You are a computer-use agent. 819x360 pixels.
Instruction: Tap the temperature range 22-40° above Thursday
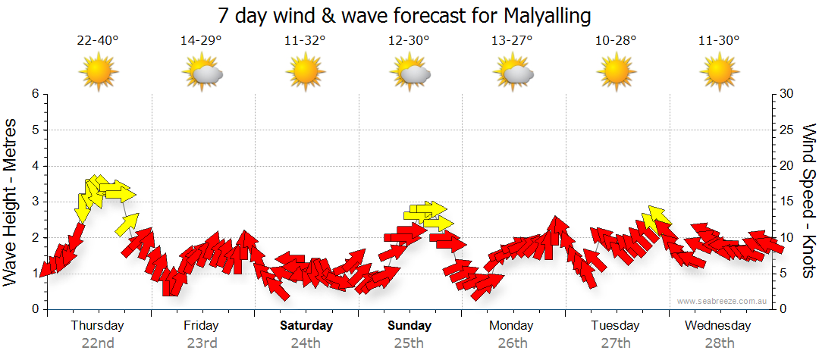(x=98, y=40)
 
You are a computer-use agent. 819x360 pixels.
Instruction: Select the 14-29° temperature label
(x=201, y=40)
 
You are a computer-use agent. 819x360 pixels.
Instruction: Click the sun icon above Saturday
(x=305, y=73)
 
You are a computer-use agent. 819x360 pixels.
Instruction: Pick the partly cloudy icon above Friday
(x=202, y=73)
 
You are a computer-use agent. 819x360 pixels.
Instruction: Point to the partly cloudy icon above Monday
(x=513, y=73)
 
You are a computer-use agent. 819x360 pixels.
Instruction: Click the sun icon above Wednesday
(x=719, y=73)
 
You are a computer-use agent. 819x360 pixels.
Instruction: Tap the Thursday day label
(x=97, y=326)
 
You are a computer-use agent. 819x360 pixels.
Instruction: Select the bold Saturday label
(x=306, y=326)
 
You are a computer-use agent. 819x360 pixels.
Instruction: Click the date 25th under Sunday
(x=409, y=343)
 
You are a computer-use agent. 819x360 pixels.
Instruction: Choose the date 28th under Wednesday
(x=719, y=343)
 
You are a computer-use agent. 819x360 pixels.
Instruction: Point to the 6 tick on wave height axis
(x=35, y=94)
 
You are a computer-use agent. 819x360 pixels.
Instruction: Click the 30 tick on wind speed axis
(x=787, y=94)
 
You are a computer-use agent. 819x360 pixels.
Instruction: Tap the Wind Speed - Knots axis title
(x=808, y=202)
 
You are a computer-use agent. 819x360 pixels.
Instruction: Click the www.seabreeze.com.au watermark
(x=723, y=301)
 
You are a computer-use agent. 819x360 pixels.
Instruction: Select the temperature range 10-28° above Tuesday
(x=616, y=40)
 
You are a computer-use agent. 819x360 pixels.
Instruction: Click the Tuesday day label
(x=615, y=326)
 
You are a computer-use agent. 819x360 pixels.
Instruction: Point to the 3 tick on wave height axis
(x=35, y=202)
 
